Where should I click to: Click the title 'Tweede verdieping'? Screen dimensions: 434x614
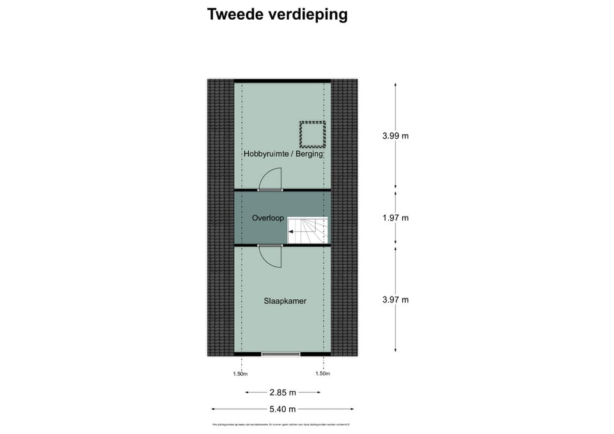tap(277, 15)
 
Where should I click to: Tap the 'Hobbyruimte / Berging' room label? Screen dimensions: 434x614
tap(283, 154)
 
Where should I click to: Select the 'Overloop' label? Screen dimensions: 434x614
tap(267, 218)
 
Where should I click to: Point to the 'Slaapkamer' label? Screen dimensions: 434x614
tap(285, 300)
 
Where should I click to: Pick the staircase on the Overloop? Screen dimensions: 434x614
tap(308, 230)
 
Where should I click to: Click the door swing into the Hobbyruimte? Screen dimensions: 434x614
tap(271, 179)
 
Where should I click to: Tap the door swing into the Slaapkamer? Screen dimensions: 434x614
tap(271, 257)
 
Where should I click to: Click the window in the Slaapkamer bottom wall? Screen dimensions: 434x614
tap(281, 353)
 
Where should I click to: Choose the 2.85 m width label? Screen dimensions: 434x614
tap(282, 392)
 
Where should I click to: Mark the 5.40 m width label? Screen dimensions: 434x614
tap(282, 409)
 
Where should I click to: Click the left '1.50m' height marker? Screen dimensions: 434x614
tap(240, 374)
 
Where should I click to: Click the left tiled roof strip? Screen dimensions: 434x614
tap(220, 217)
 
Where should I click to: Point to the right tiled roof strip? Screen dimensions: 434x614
tap(344, 217)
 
